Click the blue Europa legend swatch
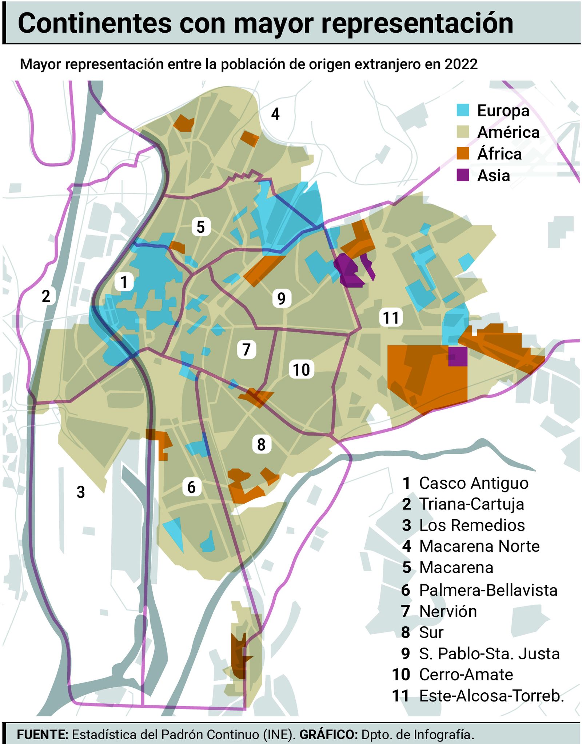tap(463, 110)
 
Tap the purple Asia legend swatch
tap(463, 175)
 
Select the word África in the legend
tap(499, 154)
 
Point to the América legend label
tap(508, 132)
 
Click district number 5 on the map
tap(201, 227)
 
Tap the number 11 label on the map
tap(391, 317)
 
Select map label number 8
tap(261, 444)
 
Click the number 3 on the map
tap(81, 492)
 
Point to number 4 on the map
tap(275, 114)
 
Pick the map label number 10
tap(301, 369)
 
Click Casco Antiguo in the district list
tap(473, 483)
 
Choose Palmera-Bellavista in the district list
tap(488, 590)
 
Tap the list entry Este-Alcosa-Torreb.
tap(491, 696)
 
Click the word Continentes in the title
tap(94, 24)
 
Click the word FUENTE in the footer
tap(43, 735)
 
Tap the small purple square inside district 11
tap(458, 356)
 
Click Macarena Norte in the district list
tap(479, 546)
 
